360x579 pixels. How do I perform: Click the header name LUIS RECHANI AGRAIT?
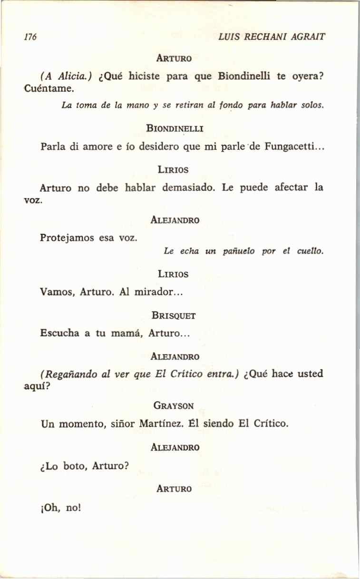coord(271,37)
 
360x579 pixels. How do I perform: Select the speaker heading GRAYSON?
coord(174,406)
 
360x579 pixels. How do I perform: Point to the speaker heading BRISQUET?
coord(174,315)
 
